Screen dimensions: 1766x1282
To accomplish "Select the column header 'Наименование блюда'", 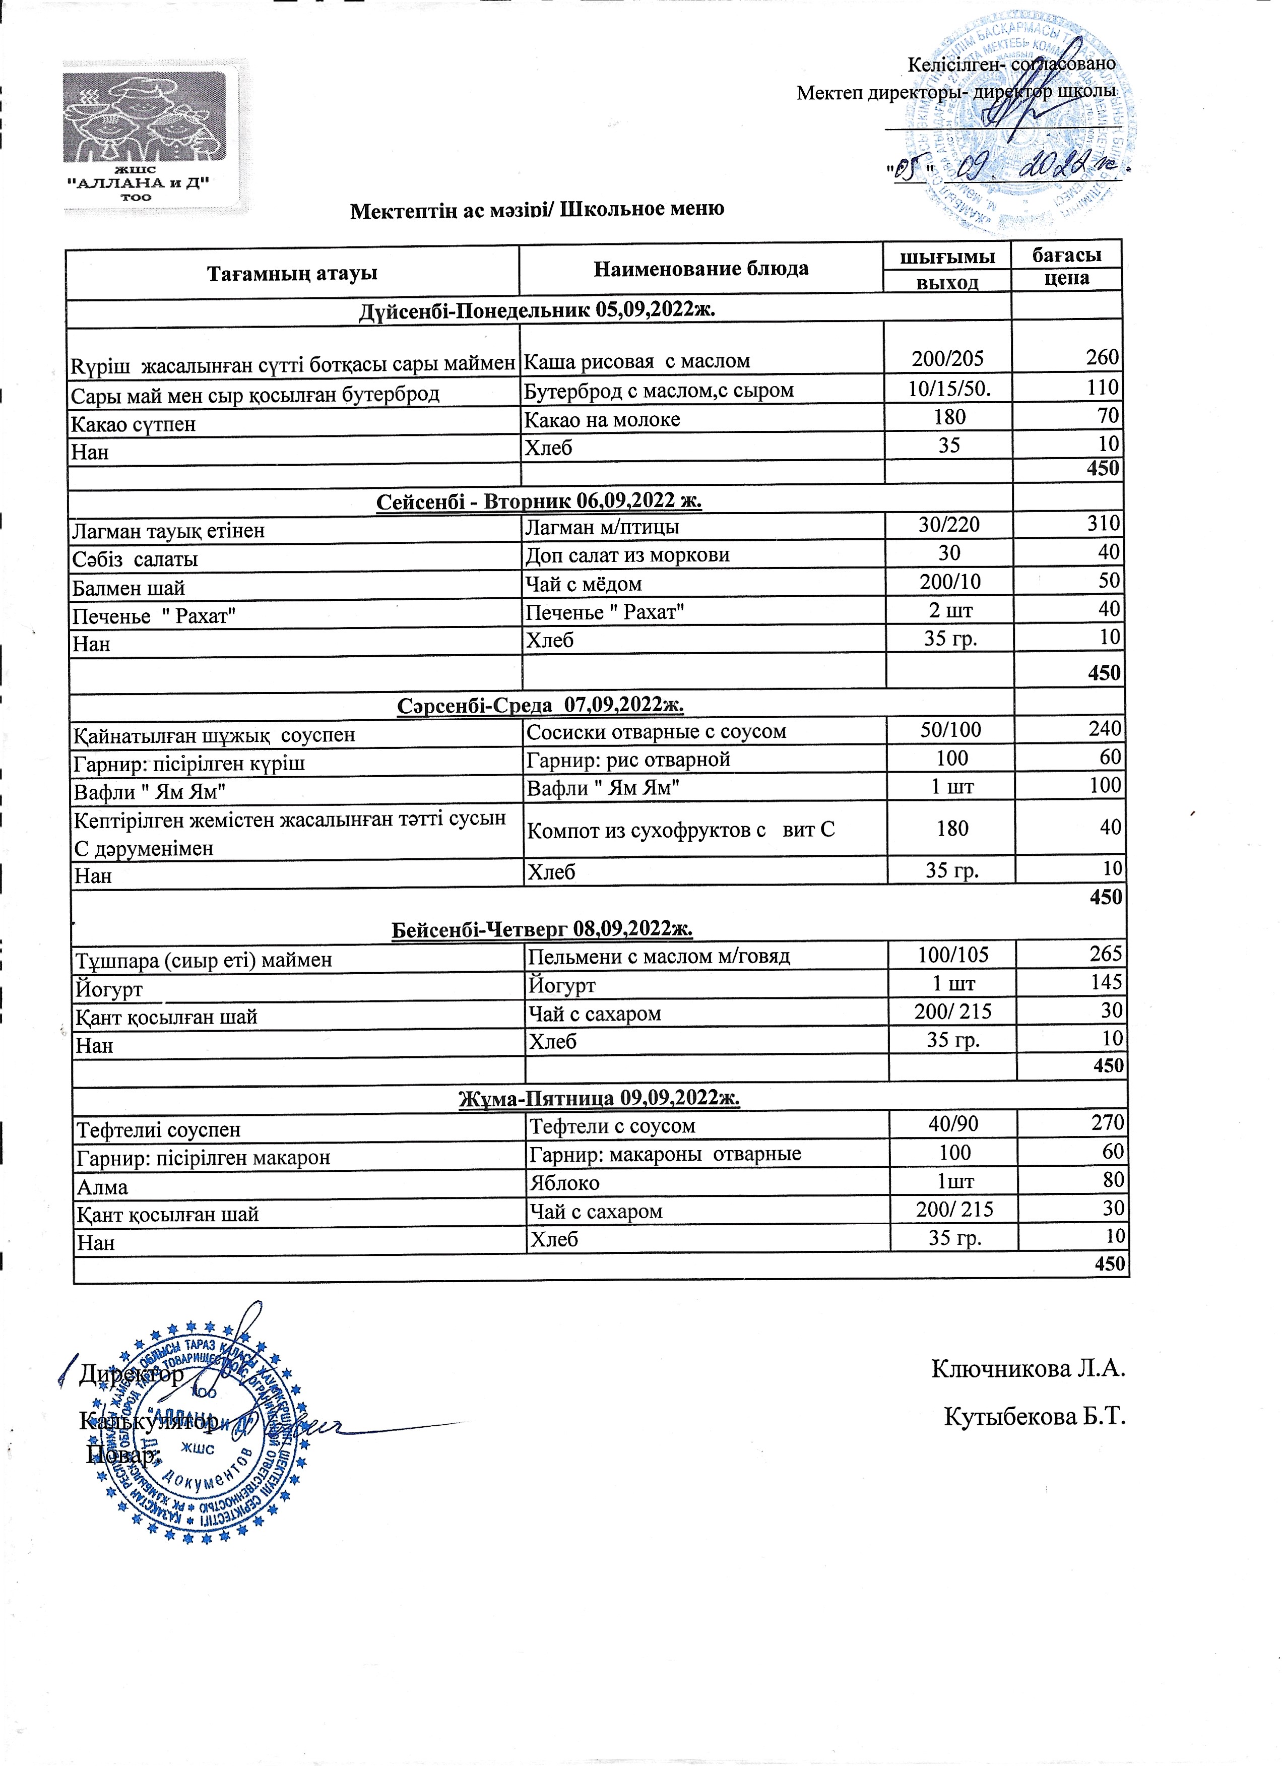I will click(x=700, y=270).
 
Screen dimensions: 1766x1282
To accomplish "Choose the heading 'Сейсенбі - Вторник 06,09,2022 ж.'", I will click(x=539, y=500).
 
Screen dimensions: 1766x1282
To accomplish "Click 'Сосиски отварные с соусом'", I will click(x=656, y=732).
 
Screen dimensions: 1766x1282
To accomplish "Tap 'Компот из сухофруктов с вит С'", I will click(x=680, y=830).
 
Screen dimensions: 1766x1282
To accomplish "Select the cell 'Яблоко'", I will click(x=564, y=1183).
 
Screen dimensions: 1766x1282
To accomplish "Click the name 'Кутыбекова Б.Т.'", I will click(x=1035, y=1416).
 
